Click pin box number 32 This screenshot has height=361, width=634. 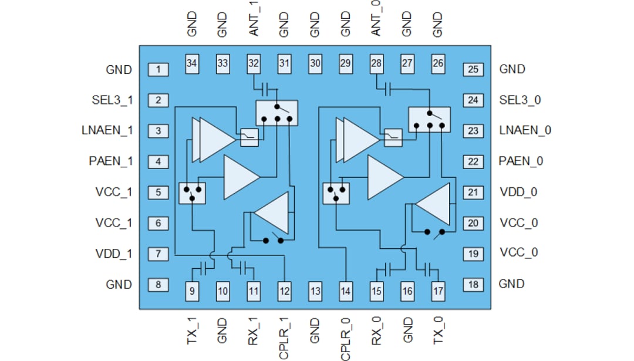254,62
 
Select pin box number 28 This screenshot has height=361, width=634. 376,62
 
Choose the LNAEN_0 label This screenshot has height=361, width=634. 525,130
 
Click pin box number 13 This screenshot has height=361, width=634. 315,290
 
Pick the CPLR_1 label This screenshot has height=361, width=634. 284,339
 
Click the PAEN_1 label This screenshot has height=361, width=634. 111,161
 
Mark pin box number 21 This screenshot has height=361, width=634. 473,192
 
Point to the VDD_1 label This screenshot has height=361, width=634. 113,254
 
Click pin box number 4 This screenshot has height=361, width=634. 158,161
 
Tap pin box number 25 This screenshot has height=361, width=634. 473,70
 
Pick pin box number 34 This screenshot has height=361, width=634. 192,62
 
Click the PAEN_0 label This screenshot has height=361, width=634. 521,161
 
